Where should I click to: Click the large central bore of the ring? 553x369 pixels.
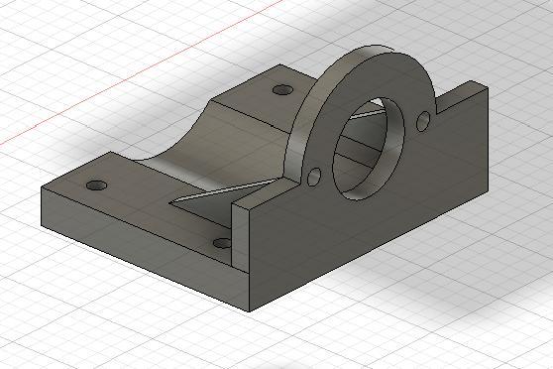point(369,149)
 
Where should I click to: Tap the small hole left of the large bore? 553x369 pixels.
point(315,177)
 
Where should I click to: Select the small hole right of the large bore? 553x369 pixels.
point(422,121)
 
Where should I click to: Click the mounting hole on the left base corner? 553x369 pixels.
point(96,185)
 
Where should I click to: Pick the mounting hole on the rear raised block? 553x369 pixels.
point(283,90)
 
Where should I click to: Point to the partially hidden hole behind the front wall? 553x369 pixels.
point(222,242)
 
